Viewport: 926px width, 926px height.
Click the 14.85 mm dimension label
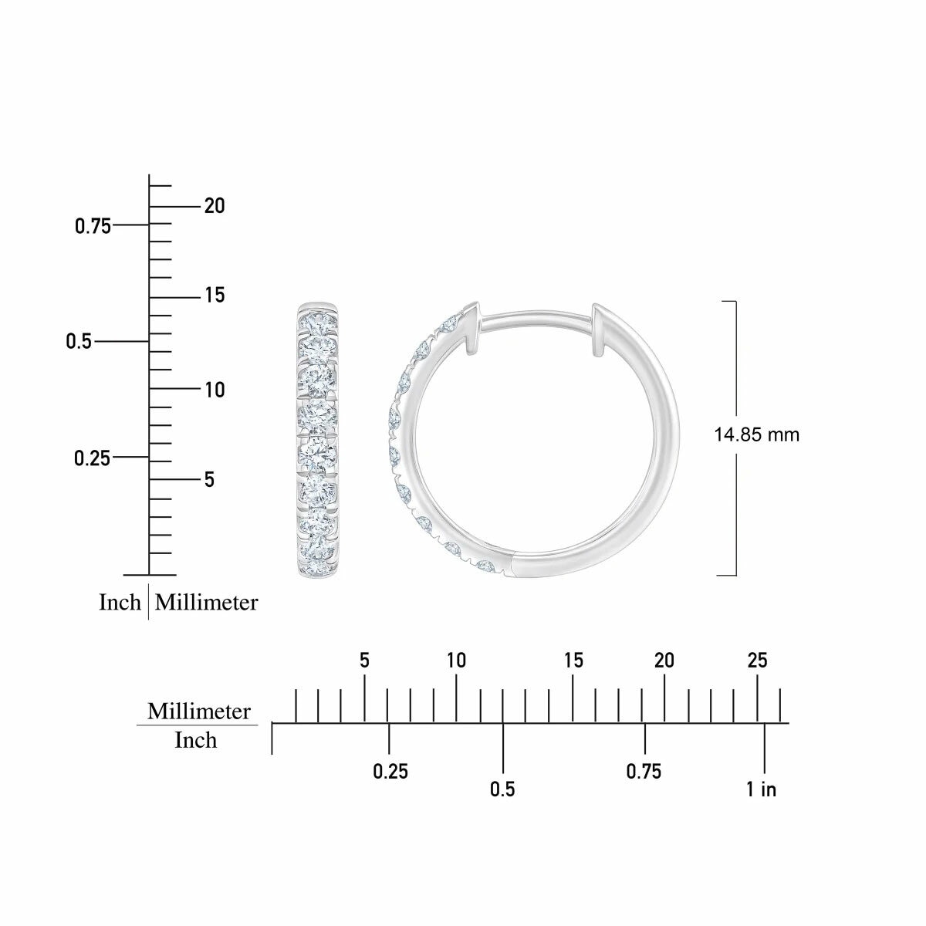pos(756,435)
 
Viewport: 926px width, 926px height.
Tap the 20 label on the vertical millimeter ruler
pos(215,206)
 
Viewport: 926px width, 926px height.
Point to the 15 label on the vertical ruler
pos(215,295)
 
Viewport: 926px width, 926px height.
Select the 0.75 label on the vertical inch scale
pos(93,226)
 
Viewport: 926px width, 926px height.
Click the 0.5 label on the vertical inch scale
pos(79,342)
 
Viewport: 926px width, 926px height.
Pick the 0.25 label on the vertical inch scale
pos(93,458)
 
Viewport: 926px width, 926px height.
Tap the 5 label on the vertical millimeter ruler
pos(209,479)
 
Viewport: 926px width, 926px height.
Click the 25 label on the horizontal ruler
pos(757,661)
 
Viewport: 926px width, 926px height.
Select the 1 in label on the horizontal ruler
pos(761,789)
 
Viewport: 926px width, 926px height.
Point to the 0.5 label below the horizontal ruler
pos(502,789)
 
